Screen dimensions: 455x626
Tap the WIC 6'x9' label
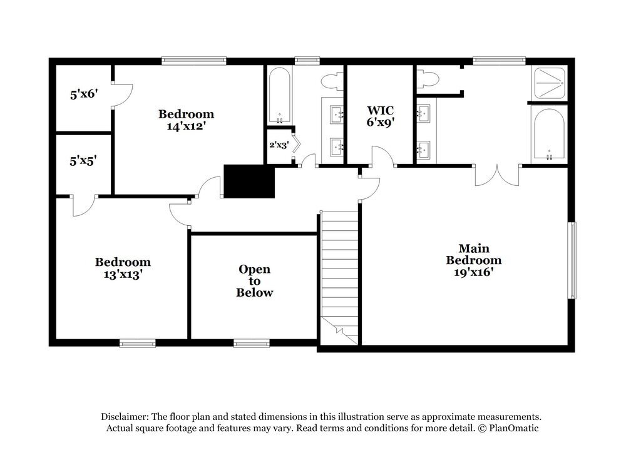(380, 116)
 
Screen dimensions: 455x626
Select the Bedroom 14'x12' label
(186, 120)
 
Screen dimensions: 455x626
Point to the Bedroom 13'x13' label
(123, 268)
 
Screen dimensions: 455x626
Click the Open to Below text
(255, 280)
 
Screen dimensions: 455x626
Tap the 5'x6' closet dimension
(83, 95)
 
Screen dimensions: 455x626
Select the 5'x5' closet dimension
(83, 161)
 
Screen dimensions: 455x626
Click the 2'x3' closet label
(278, 145)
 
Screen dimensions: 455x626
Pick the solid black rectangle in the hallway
(249, 181)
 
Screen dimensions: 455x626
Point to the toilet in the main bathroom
(429, 79)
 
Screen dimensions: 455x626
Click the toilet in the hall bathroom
(330, 81)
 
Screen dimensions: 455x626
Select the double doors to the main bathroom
(498, 175)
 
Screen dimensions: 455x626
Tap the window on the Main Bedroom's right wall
(572, 260)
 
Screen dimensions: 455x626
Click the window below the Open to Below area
(252, 342)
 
